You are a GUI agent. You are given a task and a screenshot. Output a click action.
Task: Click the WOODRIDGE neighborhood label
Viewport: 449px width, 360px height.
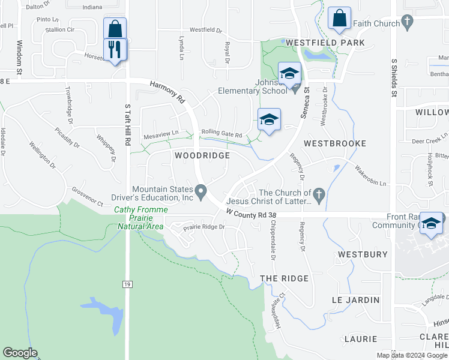[x=202, y=155]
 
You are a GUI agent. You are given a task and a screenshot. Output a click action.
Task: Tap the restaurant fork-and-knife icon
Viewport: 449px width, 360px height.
[x=114, y=49]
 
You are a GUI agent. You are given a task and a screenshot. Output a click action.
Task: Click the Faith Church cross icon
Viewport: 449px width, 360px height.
[x=408, y=23]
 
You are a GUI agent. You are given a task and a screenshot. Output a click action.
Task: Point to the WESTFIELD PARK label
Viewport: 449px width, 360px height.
[x=325, y=43]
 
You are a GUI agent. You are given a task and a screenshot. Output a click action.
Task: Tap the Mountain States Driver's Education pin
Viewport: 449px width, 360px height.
[x=202, y=192]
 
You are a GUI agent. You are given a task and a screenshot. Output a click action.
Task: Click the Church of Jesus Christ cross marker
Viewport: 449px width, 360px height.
[x=319, y=193]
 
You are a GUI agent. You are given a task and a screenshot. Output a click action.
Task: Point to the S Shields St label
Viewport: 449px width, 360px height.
[x=394, y=77]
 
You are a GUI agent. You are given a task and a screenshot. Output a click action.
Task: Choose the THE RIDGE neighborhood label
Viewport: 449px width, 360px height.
[x=284, y=278]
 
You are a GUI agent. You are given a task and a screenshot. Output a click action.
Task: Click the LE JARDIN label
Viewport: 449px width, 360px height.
[x=355, y=299]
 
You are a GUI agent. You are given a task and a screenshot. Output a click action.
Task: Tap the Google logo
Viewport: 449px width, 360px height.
[x=20, y=353]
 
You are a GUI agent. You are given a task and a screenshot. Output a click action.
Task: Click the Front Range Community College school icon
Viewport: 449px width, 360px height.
[x=432, y=223]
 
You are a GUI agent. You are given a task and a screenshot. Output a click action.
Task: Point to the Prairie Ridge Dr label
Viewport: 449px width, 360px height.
[x=203, y=227]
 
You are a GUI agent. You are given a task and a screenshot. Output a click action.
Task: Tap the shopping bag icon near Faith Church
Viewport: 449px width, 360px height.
[x=339, y=19]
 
